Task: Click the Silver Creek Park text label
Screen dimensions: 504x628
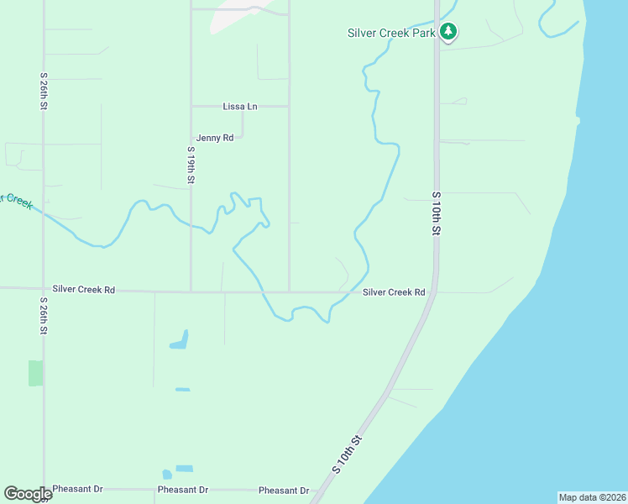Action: click(390, 34)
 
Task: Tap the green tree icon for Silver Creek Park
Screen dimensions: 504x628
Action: click(449, 32)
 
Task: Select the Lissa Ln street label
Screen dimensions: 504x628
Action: click(240, 107)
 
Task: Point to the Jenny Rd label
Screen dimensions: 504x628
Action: click(214, 138)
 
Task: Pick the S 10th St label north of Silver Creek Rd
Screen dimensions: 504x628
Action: click(437, 213)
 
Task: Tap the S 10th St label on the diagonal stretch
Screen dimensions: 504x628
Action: click(347, 454)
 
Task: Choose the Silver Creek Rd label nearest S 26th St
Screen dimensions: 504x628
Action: click(83, 289)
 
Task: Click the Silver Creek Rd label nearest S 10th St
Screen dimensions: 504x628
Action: click(394, 292)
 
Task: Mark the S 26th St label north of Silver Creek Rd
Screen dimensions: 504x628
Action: click(44, 91)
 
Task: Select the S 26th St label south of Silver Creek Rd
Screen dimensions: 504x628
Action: click(44, 315)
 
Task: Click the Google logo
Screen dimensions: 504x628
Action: click(28, 494)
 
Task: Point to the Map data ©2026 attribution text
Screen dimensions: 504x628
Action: click(593, 497)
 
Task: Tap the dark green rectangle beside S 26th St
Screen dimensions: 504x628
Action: click(34, 373)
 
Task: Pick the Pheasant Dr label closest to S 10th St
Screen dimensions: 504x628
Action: click(284, 491)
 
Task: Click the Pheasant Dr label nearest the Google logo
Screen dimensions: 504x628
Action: click(77, 489)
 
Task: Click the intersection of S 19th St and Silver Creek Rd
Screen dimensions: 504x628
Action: click(191, 291)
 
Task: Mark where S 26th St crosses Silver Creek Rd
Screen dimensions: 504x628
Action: click(44, 289)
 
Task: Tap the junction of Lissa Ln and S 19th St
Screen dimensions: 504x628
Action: click(191, 107)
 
